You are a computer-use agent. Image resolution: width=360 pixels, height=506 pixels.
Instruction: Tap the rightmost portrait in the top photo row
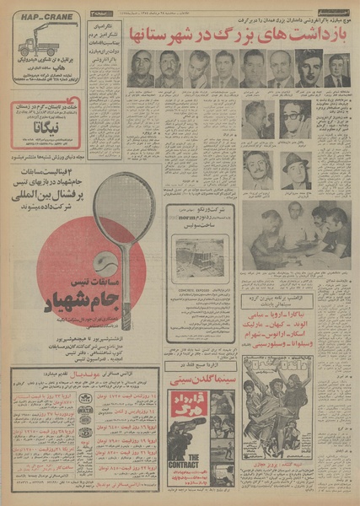(337, 69)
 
